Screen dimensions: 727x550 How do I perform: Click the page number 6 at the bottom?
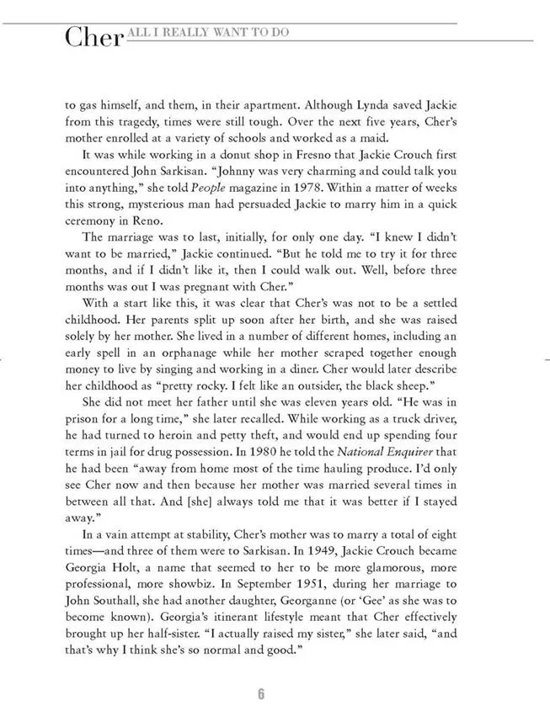coord(261,693)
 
